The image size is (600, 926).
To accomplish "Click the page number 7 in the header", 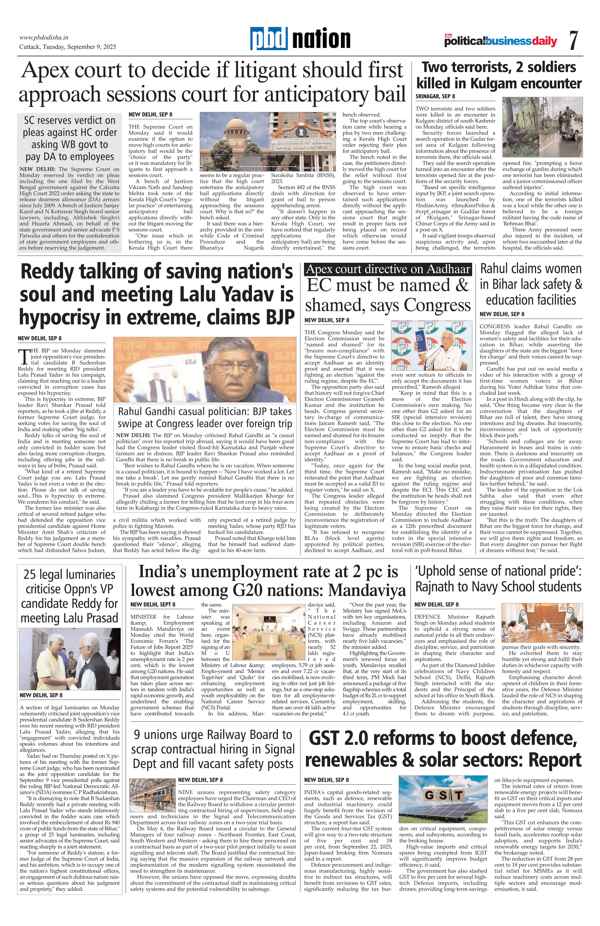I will coord(573,40).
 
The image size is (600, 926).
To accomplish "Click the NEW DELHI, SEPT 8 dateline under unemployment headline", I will coord(153,604).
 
